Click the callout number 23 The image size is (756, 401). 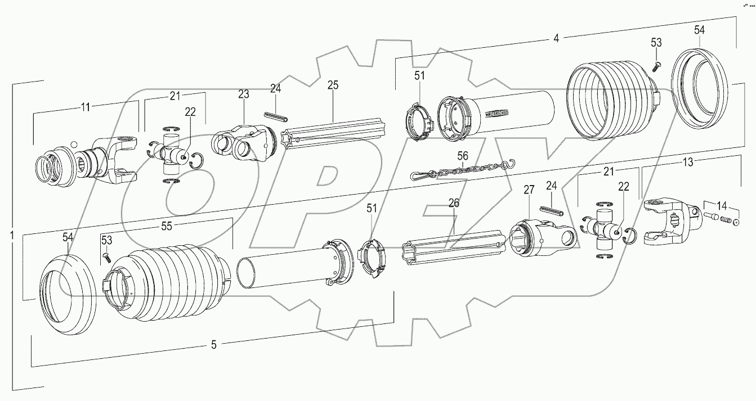pyautogui.click(x=243, y=94)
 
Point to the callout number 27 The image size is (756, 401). pyautogui.click(x=527, y=191)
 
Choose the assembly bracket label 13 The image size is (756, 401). pyautogui.click(x=688, y=162)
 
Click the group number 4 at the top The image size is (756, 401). pyautogui.click(x=556, y=39)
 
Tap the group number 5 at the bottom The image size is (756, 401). pyautogui.click(x=213, y=345)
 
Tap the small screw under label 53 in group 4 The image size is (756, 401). pyautogui.click(x=656, y=66)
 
